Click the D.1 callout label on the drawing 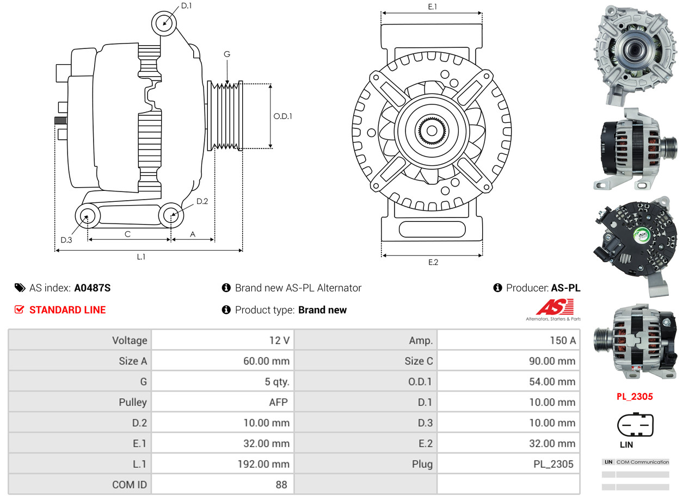[186, 6]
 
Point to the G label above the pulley [227, 54]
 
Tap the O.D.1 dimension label [282, 116]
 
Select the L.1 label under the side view [141, 257]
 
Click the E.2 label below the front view [433, 262]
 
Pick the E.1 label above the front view [432, 7]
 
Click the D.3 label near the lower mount [66, 240]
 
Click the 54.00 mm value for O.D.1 [552, 382]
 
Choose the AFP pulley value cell [278, 402]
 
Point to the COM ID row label [130, 485]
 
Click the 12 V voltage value [279, 340]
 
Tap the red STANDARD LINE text [67, 310]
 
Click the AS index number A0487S [93, 288]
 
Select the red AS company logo [554, 308]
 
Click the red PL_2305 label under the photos [635, 396]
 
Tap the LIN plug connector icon [635, 425]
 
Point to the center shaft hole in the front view [432, 131]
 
